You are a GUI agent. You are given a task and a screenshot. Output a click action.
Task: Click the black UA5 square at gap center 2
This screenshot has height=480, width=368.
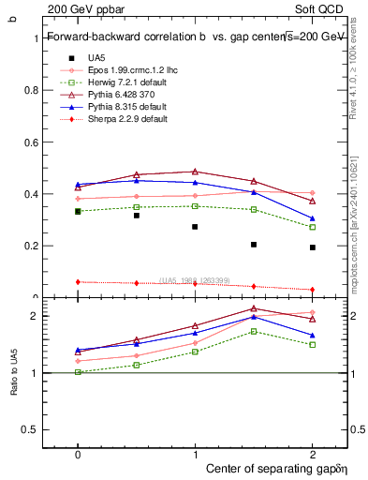pos(313,247)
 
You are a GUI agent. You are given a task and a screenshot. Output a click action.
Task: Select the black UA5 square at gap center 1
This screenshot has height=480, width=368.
pos(195,227)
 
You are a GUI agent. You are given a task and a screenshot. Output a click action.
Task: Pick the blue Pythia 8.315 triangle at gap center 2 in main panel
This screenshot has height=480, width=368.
pos(313,218)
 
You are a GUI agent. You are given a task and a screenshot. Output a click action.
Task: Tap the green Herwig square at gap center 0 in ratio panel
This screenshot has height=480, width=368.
pos(78,372)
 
